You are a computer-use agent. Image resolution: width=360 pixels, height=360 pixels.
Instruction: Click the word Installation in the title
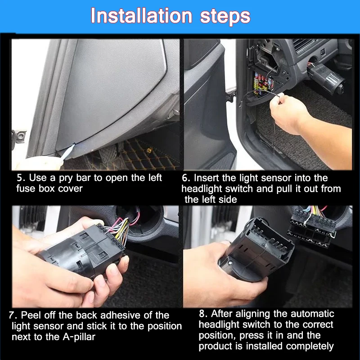(141, 16)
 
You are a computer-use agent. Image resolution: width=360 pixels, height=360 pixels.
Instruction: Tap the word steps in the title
(225, 17)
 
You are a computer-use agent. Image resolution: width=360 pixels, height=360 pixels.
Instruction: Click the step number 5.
(20, 178)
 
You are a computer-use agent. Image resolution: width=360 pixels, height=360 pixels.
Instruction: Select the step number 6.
(185, 178)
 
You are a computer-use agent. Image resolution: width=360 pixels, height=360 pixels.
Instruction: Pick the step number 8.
(203, 314)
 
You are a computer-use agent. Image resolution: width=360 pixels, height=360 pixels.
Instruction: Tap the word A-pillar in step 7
(79, 337)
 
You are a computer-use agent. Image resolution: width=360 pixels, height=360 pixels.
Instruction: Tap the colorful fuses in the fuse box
(263, 84)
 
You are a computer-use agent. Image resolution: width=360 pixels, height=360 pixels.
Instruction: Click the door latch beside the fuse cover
(19, 138)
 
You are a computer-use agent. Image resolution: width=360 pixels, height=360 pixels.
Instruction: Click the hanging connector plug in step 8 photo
(312, 229)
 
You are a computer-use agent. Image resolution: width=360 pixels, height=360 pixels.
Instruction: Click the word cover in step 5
(70, 189)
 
